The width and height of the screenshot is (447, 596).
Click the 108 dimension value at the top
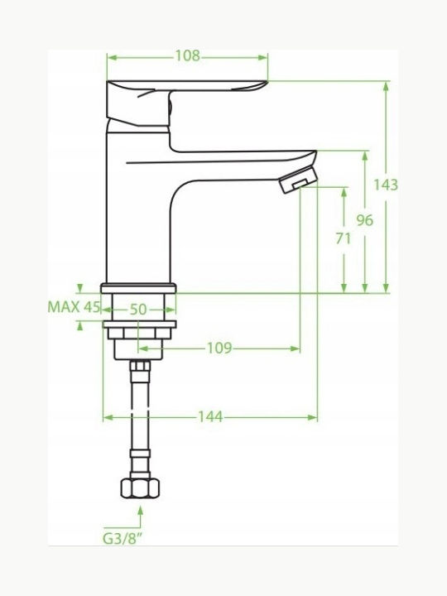187,56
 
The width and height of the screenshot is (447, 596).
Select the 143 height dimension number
386,185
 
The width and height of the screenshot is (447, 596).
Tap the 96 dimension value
365,220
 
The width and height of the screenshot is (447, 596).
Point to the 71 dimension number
344,238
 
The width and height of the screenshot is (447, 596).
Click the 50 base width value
138,310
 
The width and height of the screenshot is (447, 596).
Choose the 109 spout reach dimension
219,348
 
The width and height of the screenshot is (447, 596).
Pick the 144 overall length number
210,417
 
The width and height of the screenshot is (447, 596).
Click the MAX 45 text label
74,307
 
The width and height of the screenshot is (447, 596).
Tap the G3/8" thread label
124,538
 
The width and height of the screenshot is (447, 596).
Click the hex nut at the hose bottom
140,488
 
